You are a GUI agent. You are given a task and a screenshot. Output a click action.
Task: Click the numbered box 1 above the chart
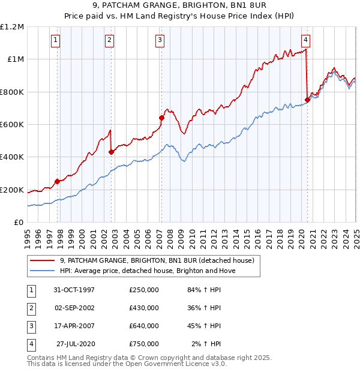tap(55, 40)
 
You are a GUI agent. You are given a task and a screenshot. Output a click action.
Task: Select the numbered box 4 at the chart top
tap(305, 40)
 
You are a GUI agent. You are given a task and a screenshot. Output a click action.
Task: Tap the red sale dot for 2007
tap(161, 118)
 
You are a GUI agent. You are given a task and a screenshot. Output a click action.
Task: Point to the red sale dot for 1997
tap(58, 181)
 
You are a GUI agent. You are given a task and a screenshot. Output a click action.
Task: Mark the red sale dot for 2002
tap(111, 152)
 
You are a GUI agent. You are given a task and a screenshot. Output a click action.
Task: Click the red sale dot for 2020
tap(307, 100)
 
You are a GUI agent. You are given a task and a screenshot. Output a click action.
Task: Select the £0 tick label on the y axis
tap(19, 223)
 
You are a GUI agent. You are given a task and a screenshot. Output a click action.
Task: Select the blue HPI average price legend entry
tap(148, 271)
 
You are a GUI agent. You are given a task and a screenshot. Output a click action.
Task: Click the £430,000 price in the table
tap(144, 308)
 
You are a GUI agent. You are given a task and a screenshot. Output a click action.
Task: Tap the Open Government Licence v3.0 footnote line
tap(127, 364)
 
